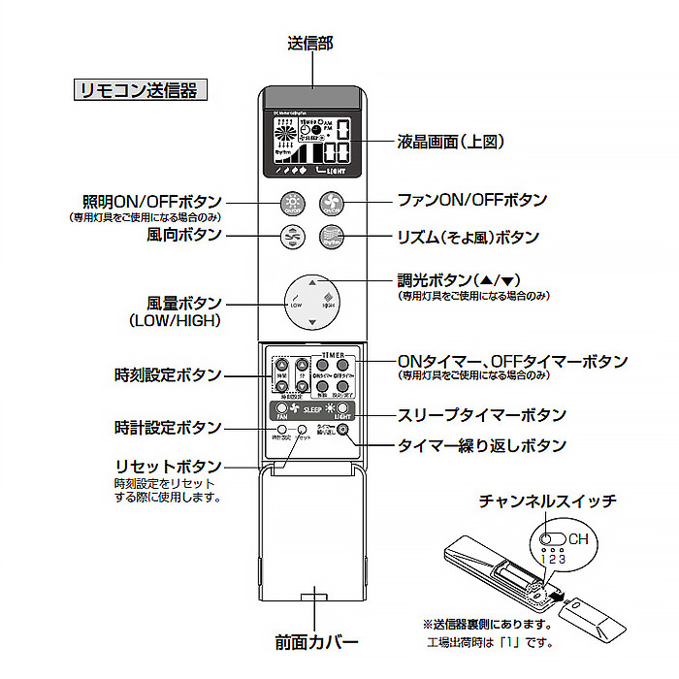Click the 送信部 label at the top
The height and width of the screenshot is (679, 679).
click(x=310, y=44)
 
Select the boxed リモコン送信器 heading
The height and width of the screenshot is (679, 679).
click(x=140, y=90)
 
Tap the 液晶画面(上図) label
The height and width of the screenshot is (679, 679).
click(x=452, y=142)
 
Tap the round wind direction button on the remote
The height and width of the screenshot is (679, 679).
click(x=292, y=236)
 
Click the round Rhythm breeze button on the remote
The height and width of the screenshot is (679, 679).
click(x=333, y=236)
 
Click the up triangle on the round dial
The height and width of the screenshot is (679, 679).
click(x=311, y=282)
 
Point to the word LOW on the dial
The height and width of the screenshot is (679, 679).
click(x=296, y=305)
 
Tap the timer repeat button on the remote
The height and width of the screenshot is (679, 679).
click(x=342, y=429)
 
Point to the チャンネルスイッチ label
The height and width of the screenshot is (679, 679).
click(x=547, y=501)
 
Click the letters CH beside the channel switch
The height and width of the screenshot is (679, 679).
click(x=578, y=539)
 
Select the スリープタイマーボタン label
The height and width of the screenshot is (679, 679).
click(x=482, y=415)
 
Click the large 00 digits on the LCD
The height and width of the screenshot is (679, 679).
click(x=337, y=153)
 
